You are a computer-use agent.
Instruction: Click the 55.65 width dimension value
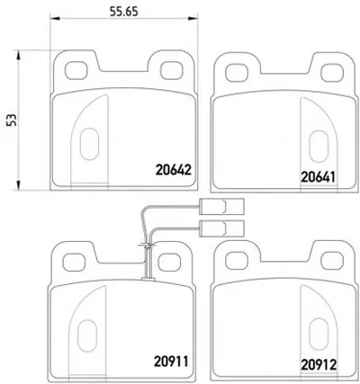point(123,12)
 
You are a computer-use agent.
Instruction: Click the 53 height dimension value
point(13,120)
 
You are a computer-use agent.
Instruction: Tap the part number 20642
point(174,170)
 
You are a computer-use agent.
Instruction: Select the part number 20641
point(318,177)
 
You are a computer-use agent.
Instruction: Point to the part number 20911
point(171,362)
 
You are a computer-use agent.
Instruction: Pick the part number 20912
point(319,365)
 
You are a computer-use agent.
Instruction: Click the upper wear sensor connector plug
point(221,207)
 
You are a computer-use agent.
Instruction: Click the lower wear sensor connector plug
point(221,228)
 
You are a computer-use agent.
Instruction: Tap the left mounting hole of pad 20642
point(76,71)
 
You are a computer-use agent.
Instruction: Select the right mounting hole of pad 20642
point(172,71)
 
